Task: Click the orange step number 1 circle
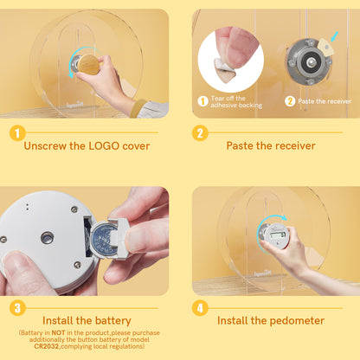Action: pyautogui.click(x=17, y=132)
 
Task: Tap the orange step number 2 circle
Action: pyautogui.click(x=200, y=132)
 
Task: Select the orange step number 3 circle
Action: pyautogui.click(x=17, y=308)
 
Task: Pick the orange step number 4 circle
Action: pyautogui.click(x=200, y=308)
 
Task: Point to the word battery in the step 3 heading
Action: pyautogui.click(x=113, y=320)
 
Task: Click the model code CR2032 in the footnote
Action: pyautogui.click(x=47, y=346)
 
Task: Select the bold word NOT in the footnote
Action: pyautogui.click(x=58, y=332)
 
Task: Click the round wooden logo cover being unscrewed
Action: pyautogui.click(x=88, y=63)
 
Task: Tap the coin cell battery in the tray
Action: pyautogui.click(x=103, y=240)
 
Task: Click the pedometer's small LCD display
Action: pyautogui.click(x=277, y=235)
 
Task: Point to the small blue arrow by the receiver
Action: pyautogui.click(x=334, y=37)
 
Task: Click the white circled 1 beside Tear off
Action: pyautogui.click(x=202, y=101)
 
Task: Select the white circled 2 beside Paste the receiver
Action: pyautogui.click(x=290, y=101)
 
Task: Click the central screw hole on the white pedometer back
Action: pyautogui.click(x=47, y=238)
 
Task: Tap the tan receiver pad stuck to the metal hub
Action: pyautogui.click(x=326, y=48)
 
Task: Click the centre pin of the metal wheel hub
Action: pyautogui.click(x=311, y=61)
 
